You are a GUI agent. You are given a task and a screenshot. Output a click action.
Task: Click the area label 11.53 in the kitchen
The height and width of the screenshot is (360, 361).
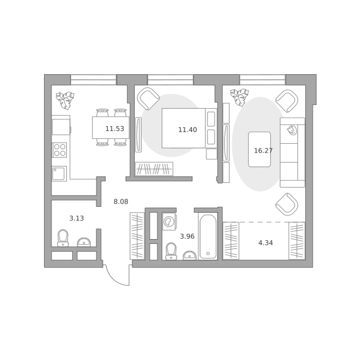coord(115,129)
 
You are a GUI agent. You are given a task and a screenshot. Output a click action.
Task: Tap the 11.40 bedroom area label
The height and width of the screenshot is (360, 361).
coord(187,130)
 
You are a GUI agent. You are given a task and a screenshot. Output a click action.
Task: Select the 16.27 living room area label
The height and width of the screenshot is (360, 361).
coord(263,151)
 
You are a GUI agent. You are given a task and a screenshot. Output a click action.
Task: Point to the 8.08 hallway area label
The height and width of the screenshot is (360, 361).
coord(121,201)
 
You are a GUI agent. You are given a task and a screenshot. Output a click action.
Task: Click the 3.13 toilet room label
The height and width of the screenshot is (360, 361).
coord(76,218)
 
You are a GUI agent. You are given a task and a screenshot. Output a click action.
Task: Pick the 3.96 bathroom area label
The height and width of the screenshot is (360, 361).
coord(187,236)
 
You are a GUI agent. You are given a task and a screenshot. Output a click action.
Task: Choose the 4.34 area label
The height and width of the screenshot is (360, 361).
coord(265,243)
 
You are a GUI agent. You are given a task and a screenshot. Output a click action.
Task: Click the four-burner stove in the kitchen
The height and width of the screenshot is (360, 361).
coord(59,150)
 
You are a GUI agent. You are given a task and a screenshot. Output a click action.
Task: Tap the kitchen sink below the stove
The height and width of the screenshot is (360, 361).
coord(59,173)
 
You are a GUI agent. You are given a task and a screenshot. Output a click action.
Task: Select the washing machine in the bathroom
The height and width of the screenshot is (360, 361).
coord(169,222)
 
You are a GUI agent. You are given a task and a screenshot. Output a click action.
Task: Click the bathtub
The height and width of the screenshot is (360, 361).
coord(208,236)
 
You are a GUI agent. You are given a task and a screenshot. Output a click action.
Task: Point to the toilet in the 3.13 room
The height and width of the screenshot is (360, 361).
coord(63,238)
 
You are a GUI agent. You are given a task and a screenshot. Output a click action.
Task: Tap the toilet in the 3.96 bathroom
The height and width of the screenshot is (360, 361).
coord(171,251)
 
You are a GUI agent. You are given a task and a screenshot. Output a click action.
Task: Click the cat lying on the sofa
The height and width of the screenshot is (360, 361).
coord(292,130)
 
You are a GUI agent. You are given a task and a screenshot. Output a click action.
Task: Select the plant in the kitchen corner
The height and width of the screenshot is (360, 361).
coord(65,100)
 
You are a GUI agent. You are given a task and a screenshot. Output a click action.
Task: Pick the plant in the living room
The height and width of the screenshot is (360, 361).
coord(239,98)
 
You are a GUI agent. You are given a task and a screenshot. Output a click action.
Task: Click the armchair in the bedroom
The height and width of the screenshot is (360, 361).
coord(148,99)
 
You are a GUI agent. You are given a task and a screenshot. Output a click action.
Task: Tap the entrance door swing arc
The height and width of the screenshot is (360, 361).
coord(115,279)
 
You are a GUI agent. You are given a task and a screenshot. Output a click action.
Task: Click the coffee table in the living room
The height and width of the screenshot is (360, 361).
coord(259,149)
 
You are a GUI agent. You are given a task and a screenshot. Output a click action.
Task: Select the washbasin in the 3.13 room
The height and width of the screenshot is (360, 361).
coord(84,242)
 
